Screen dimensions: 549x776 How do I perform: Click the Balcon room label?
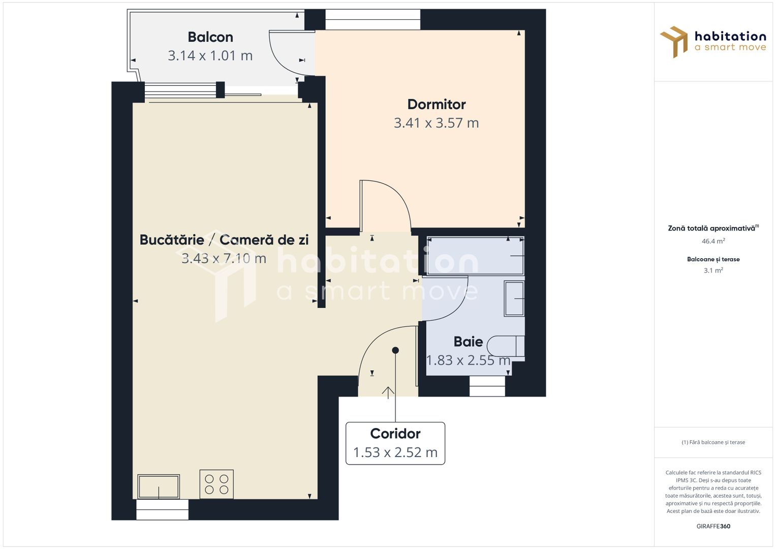(210, 37)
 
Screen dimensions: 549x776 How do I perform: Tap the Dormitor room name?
(437, 104)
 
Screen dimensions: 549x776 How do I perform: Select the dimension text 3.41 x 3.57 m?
(436, 123)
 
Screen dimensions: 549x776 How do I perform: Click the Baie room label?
(468, 342)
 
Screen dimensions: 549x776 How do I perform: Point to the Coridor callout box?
(395, 443)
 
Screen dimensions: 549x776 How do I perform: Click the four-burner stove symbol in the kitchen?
(216, 484)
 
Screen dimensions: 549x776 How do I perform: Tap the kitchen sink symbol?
(159, 486)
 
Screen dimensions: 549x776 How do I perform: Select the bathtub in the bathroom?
(475, 256)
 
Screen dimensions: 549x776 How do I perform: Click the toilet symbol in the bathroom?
(505, 346)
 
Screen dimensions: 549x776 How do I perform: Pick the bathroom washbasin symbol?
(514, 298)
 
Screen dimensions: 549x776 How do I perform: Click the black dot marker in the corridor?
(395, 350)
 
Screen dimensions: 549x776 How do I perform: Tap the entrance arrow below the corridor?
(388, 391)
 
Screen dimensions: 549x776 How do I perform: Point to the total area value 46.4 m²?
(713, 241)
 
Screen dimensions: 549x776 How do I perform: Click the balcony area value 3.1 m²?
(713, 270)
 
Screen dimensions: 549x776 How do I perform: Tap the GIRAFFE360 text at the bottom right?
(713, 526)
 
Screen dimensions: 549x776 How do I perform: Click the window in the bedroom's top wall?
(373, 20)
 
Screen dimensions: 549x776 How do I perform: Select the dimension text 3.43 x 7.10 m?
(224, 259)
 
